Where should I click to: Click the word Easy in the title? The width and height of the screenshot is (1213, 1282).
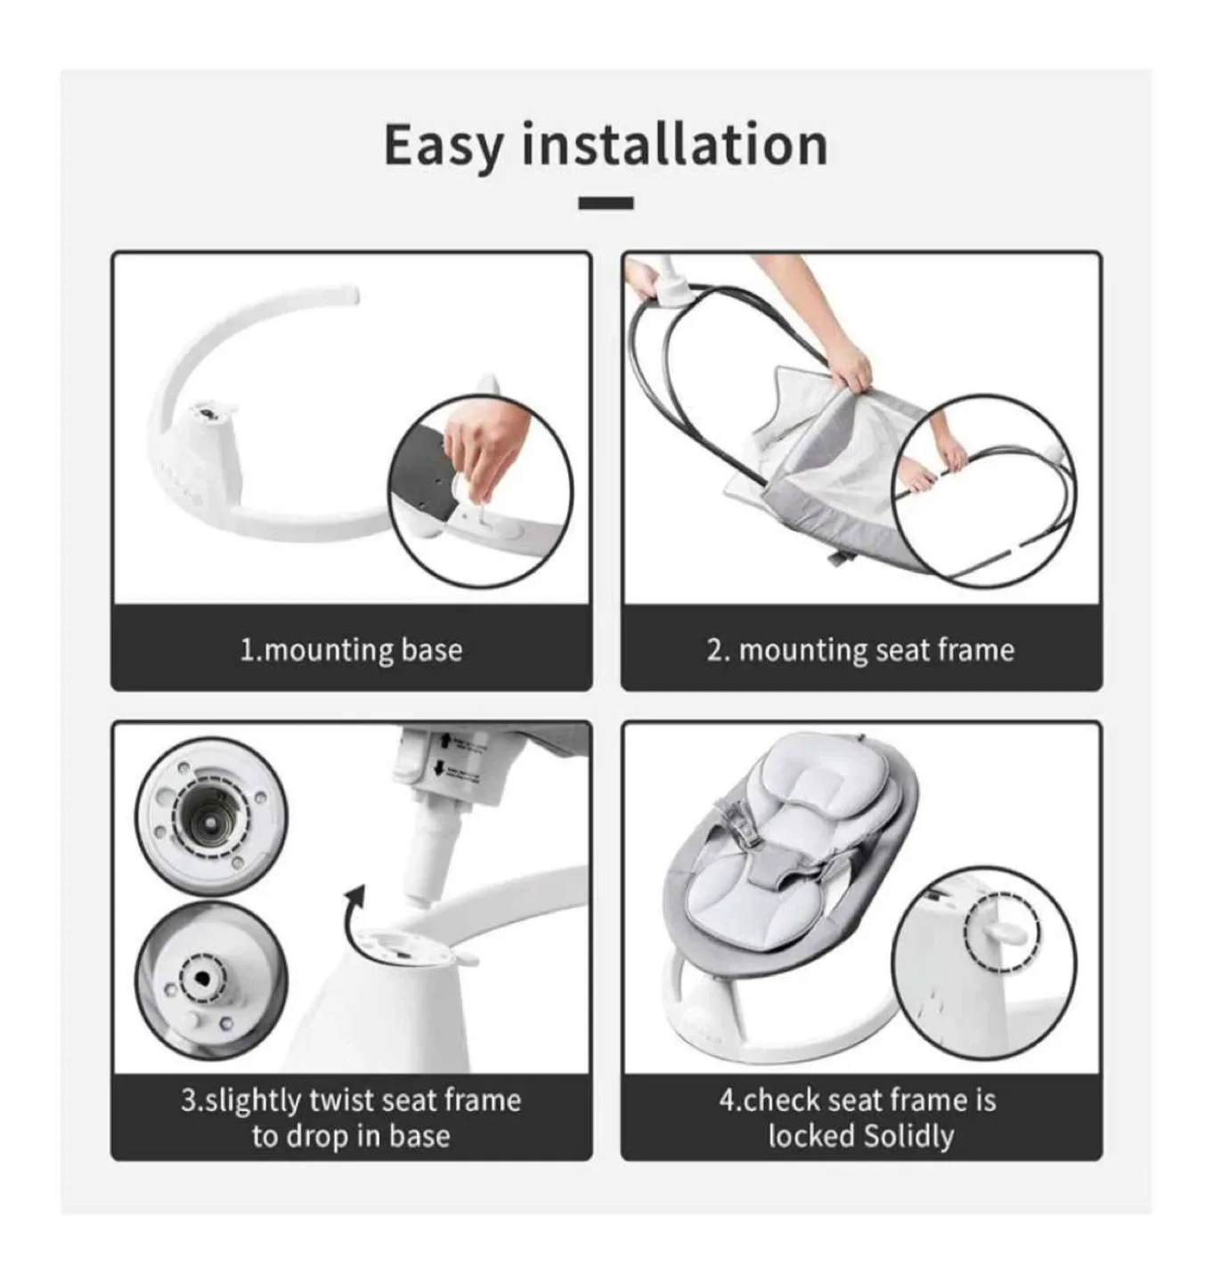pyautogui.click(x=443, y=145)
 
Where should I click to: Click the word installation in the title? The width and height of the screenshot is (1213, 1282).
pyautogui.click(x=674, y=145)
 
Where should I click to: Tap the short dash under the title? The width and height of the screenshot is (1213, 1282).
pyautogui.click(x=606, y=203)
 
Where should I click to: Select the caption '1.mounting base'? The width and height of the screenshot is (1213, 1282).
pyautogui.click(x=351, y=649)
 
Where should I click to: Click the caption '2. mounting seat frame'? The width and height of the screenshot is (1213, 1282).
pyautogui.click(x=860, y=649)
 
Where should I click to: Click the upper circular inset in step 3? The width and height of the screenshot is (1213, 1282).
pyautogui.click(x=211, y=815)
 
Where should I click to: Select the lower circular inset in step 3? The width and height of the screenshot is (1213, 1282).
pyautogui.click(x=211, y=979)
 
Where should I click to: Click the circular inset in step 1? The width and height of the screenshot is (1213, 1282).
pyautogui.click(x=481, y=491)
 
